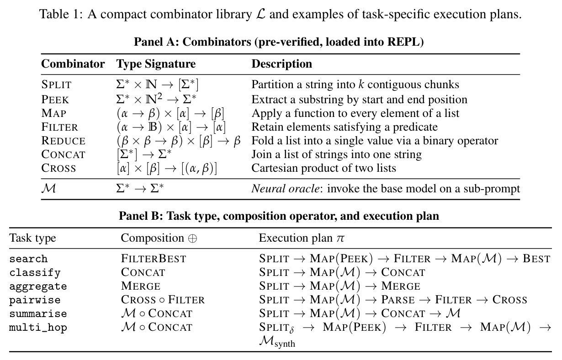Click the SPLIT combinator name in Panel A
57,85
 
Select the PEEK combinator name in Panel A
55,99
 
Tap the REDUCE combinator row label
63,141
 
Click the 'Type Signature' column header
156,64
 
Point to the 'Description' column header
282,64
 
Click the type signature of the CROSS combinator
167,168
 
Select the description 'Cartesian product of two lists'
323,168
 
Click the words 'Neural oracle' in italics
286,188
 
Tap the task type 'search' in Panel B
28,259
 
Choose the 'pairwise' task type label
35,300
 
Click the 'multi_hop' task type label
38,328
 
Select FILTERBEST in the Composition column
154,259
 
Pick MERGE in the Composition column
141,286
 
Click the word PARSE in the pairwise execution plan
398,300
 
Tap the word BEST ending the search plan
536,259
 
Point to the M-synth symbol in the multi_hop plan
277,342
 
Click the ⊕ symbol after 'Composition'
192,238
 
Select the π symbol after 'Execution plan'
340,238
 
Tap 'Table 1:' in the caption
61,14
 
